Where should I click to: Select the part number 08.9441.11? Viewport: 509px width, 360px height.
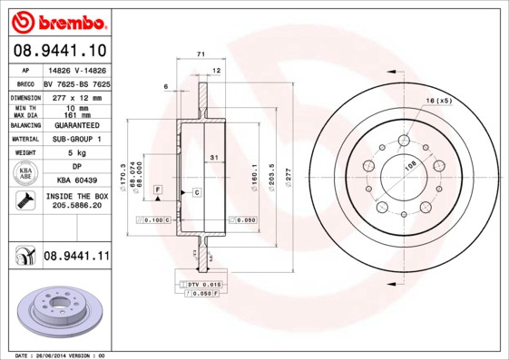coord(76,256)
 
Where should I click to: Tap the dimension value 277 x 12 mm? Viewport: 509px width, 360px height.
coord(76,96)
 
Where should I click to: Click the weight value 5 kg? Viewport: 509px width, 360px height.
coord(76,153)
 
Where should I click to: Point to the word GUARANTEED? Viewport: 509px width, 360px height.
coord(76,125)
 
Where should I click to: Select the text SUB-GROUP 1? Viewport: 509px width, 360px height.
coord(76,140)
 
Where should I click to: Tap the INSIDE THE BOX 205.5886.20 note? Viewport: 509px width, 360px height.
coord(76,201)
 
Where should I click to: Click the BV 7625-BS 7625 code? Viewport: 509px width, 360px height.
coord(76,83)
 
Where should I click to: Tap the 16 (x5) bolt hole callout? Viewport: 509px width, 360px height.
coord(439,101)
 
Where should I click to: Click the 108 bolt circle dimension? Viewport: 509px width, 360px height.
coord(409,166)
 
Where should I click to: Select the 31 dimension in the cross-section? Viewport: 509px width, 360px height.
coord(213,159)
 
